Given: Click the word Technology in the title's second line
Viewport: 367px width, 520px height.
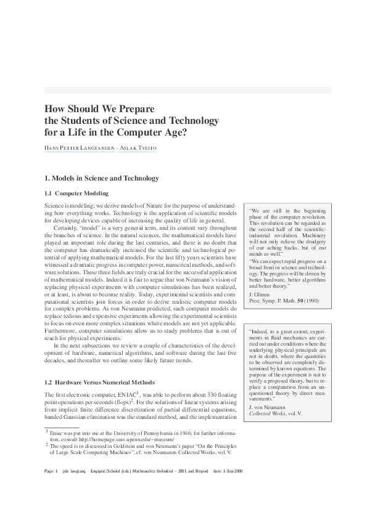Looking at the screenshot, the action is [190, 119].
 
